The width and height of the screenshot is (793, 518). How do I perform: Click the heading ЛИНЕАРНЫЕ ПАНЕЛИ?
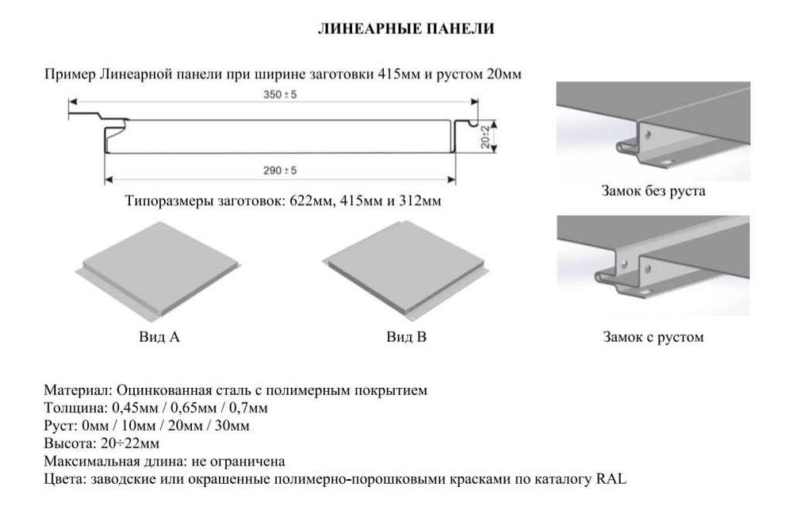coord(405,29)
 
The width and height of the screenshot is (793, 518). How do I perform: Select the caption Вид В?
coord(407,337)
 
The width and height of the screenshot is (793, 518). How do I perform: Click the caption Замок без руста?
coord(653,191)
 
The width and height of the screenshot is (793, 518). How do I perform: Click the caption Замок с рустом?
coord(653,337)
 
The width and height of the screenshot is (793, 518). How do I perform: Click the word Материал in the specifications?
coord(78,391)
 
